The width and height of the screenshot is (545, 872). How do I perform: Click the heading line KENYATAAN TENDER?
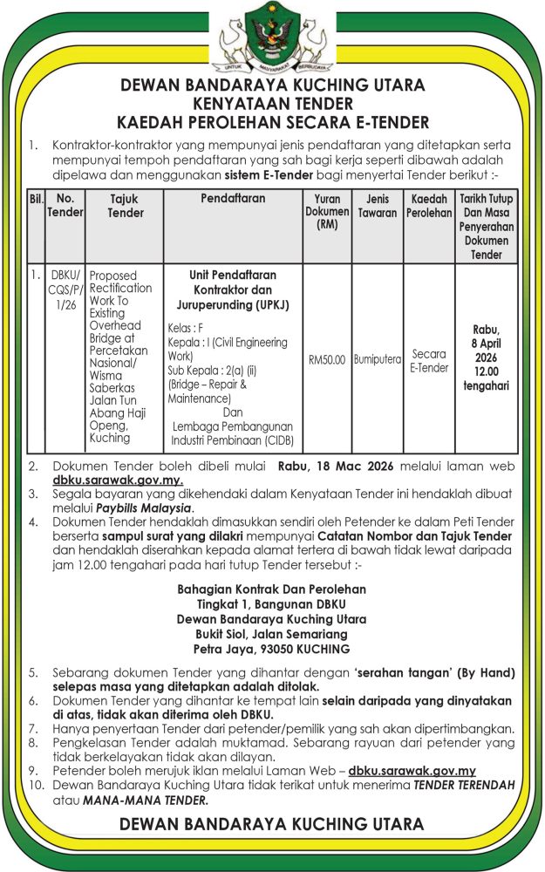pos(273,103)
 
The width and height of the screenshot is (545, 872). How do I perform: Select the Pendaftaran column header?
pos(233,200)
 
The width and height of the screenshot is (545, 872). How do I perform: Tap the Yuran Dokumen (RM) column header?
pos(327,212)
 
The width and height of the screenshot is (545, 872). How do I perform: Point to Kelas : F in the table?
pos(186,327)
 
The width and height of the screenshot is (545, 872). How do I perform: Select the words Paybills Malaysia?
pos(144,508)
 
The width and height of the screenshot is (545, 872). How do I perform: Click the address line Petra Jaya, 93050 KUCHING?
pos(271,649)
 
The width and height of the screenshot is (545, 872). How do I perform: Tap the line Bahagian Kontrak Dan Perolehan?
pos(271,589)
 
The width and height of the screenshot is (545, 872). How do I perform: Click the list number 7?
pos(33,729)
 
